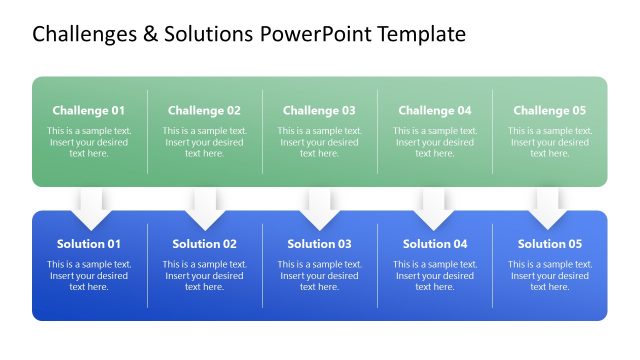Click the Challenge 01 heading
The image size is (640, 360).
pyautogui.click(x=89, y=111)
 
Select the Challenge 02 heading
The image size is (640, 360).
pyautogui.click(x=204, y=111)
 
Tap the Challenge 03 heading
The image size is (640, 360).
pyautogui.click(x=319, y=111)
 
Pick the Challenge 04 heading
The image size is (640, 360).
pyautogui.click(x=434, y=111)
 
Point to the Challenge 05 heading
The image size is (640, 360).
pyautogui.click(x=549, y=111)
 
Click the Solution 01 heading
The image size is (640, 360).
pyautogui.click(x=89, y=244)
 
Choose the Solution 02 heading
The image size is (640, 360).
pyautogui.click(x=204, y=244)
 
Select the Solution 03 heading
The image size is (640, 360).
pyautogui.click(x=319, y=244)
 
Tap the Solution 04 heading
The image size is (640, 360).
pyautogui.click(x=434, y=244)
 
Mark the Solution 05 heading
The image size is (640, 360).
pyautogui.click(x=549, y=244)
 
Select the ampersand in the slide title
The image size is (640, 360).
pyautogui.click(x=150, y=35)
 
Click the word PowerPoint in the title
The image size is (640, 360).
pyautogui.click(x=315, y=35)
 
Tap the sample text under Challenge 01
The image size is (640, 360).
pyautogui.click(x=89, y=142)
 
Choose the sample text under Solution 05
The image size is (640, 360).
pyautogui.click(x=549, y=275)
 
